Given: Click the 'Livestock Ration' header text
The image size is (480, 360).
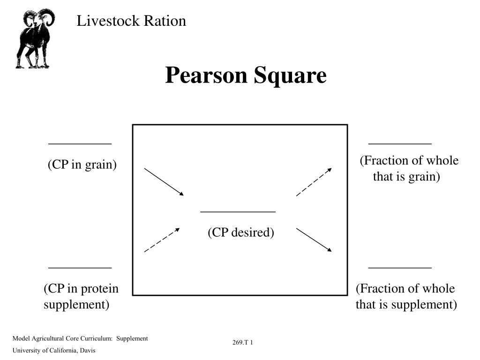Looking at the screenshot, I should [131, 21].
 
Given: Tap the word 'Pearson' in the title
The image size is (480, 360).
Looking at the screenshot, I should [206, 75].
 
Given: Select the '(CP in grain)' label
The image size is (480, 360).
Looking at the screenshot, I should [82, 165].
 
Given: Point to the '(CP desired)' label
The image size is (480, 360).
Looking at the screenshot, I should [241, 232].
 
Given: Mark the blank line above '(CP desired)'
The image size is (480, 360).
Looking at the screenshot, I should [238, 212].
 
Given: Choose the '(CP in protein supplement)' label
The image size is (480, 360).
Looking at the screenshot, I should [81, 297].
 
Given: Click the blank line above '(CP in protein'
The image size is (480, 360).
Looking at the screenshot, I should [80, 268].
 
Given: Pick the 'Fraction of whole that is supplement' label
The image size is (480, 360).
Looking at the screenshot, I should [406, 297].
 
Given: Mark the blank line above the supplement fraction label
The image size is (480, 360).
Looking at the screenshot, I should [400, 268].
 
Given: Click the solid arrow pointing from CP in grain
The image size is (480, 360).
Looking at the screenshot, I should [164, 182].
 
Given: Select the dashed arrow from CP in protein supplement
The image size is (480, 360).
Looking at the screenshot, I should [162, 240].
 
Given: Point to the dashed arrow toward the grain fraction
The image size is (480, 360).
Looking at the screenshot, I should [314, 182].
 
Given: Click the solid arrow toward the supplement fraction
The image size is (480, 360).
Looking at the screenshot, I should [314, 240].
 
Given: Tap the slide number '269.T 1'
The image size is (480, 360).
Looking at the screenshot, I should [243, 343].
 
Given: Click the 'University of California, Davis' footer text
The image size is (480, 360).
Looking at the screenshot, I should [54, 351].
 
